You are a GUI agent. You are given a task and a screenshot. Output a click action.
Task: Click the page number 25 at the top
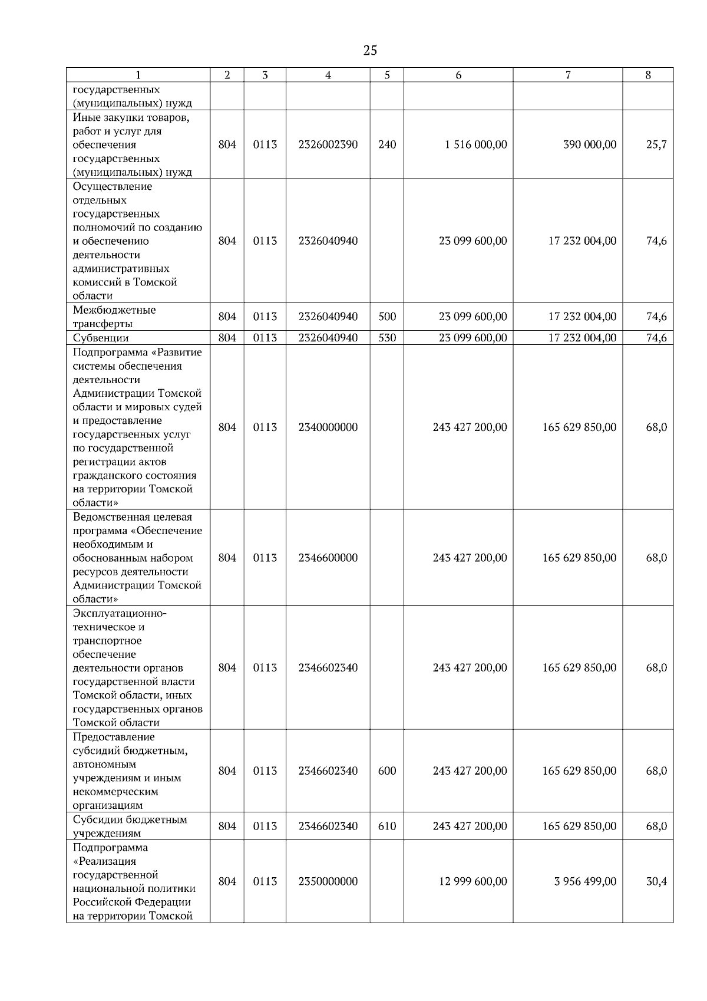[x=370, y=51]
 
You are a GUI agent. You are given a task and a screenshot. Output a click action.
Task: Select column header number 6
[x=458, y=75]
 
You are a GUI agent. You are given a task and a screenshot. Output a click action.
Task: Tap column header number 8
[x=648, y=75]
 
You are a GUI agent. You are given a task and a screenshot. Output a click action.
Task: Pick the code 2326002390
[x=328, y=144]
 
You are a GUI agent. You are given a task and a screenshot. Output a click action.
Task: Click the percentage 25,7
[x=656, y=144]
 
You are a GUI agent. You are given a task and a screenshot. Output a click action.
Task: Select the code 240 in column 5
[x=387, y=144]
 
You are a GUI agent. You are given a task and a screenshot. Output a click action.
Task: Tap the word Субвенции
[x=101, y=338]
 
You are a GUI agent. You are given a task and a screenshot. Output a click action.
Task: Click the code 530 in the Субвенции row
[x=387, y=338]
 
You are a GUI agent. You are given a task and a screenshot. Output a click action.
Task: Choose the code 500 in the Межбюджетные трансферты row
[x=387, y=317]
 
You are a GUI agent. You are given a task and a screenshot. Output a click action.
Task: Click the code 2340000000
[x=328, y=427]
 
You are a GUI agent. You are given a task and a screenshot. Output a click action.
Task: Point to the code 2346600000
[x=328, y=558]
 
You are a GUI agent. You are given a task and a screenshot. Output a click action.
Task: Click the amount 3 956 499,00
[x=585, y=881]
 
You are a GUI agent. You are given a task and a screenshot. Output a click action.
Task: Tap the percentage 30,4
[x=656, y=881]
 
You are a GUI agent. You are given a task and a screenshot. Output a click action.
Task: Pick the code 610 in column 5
[x=387, y=826]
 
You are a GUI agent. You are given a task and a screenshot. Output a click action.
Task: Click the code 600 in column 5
[x=387, y=770]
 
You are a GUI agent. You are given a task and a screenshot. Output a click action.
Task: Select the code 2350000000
[x=328, y=881]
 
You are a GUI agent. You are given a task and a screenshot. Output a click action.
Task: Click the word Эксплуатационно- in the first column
[x=120, y=613]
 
